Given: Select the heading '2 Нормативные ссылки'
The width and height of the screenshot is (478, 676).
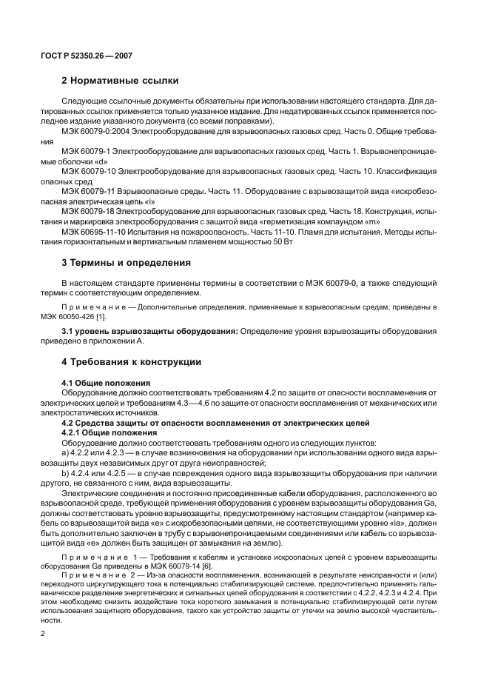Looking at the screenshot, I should pos(118,80).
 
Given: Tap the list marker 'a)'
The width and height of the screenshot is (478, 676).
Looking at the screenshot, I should pos(66,451).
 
